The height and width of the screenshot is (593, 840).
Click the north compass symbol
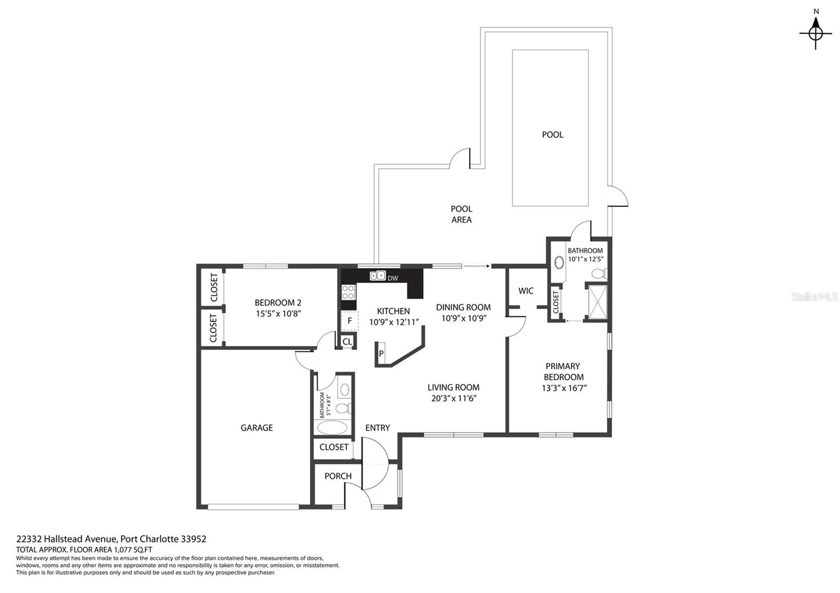[816, 34]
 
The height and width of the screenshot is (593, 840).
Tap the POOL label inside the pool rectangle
[552, 134]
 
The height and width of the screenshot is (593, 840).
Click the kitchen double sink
[377, 276]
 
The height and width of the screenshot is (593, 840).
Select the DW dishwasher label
[393, 278]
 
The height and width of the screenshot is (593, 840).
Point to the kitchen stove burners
[349, 292]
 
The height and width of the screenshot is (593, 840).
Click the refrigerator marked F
[350, 321]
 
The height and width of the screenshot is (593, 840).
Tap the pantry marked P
[381, 353]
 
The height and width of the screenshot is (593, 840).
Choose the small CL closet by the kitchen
[347, 342]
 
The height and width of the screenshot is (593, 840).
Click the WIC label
[526, 291]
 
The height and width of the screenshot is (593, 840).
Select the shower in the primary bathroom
[597, 302]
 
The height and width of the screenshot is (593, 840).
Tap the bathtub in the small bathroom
[332, 427]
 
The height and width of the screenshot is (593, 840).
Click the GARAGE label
[257, 428]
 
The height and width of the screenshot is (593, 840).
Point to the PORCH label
[338, 476]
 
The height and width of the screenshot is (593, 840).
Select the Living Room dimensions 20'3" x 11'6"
[454, 398]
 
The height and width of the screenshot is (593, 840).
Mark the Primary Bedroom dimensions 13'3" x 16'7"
[564, 388]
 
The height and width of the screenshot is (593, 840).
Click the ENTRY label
[377, 428]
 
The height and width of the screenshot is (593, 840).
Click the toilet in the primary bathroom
[599, 273]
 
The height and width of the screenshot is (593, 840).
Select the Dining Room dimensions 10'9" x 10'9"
[464, 318]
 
